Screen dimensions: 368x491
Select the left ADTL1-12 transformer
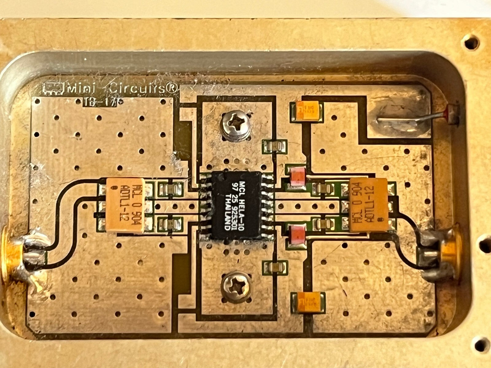(126, 205)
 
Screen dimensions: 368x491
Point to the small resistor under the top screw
(275, 147)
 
